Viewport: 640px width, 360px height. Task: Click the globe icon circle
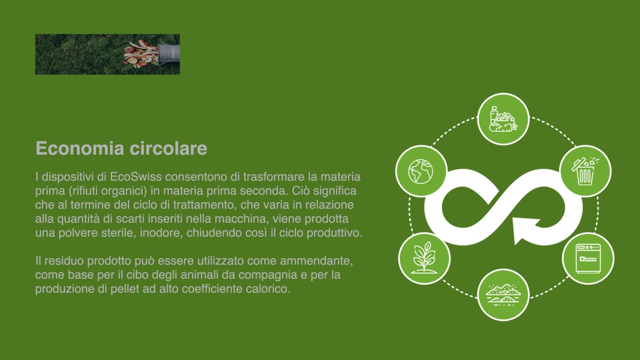[x=421, y=171]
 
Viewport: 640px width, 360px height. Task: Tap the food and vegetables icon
[x=503, y=119]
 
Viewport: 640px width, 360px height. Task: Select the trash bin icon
[x=586, y=171]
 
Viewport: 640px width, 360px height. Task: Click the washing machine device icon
[x=588, y=258]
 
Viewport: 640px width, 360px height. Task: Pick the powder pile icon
[x=503, y=294]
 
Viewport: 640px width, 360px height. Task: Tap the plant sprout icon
[x=424, y=258]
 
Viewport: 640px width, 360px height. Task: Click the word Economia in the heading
[x=76, y=148]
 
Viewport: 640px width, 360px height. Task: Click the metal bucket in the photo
[x=169, y=54]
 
